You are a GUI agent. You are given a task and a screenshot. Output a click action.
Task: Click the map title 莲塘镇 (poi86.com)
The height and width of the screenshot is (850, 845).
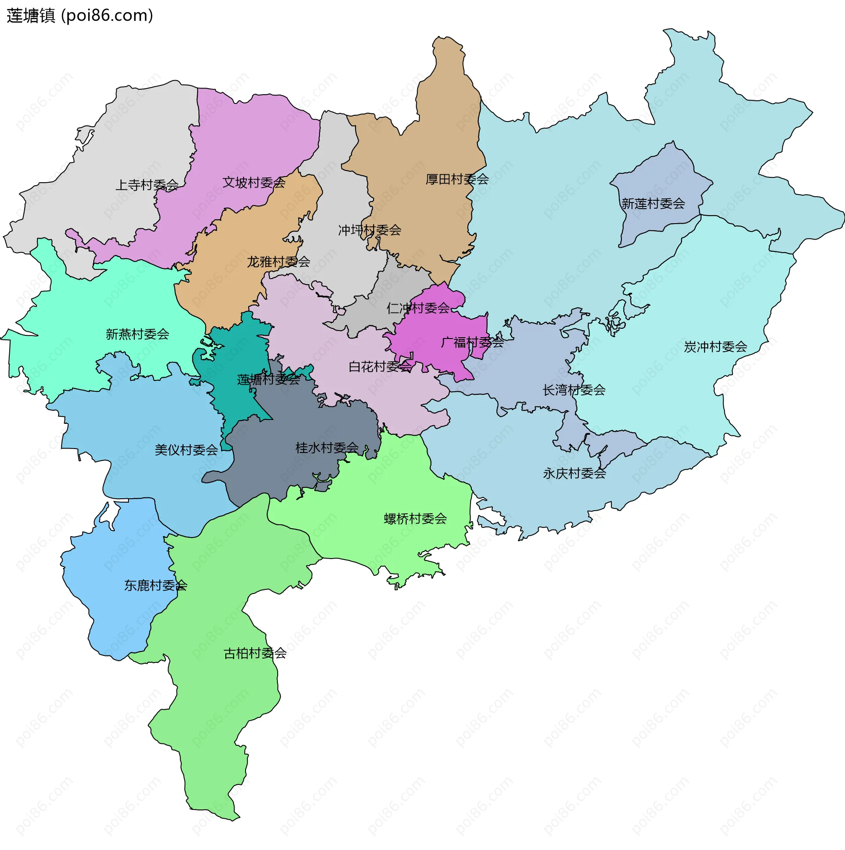click(80, 16)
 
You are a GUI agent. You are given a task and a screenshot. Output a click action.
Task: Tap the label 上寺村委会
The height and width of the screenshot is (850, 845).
click(147, 185)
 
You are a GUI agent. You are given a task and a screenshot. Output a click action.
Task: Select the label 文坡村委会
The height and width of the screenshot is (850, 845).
click(253, 183)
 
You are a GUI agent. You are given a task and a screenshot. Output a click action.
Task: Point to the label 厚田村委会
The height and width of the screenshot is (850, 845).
click(457, 180)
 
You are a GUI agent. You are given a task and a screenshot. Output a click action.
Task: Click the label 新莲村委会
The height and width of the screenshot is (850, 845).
click(653, 204)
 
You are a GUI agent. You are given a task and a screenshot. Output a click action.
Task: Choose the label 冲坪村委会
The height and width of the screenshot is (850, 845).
click(369, 230)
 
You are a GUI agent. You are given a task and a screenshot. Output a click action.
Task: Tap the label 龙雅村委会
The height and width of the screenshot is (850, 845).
click(278, 262)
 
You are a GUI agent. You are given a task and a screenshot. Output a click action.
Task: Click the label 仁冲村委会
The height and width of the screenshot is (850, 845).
click(418, 309)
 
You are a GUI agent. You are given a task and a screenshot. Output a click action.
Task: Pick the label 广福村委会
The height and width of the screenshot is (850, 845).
click(472, 342)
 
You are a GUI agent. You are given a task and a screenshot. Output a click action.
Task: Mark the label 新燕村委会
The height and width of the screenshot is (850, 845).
click(137, 335)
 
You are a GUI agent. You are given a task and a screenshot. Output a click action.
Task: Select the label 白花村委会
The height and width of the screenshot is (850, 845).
click(380, 367)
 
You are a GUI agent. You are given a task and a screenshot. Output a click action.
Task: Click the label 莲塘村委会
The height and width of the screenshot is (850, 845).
click(268, 380)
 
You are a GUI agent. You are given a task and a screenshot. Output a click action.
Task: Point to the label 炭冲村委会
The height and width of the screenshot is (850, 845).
click(715, 347)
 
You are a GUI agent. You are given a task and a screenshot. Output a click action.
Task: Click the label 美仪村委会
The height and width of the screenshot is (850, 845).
click(186, 450)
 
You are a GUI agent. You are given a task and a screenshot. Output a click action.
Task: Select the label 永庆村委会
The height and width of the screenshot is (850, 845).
click(574, 474)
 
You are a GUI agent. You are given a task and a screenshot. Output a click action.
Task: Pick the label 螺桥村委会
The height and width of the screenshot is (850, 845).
click(415, 519)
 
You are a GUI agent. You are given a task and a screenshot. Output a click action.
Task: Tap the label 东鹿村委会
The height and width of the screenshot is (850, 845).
click(155, 586)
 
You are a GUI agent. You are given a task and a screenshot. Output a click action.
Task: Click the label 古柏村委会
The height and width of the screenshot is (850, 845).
click(255, 654)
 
